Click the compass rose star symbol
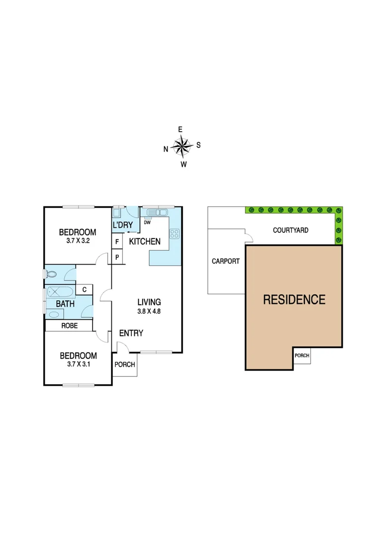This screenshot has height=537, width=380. tap(183, 146)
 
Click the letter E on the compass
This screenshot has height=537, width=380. tap(182, 129)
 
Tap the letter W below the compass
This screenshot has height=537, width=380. tap(184, 165)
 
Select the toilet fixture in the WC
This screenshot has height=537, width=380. tap(51, 273)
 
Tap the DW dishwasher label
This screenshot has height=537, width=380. tap(147, 222)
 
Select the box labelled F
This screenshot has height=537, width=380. tap(117, 242)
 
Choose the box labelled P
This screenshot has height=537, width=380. tap(117, 257)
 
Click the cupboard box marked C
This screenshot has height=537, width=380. tap(85, 289)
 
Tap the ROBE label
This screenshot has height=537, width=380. tap(69, 326)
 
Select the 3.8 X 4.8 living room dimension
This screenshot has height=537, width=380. tap(149, 311)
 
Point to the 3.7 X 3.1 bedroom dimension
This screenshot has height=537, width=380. tap(78, 364)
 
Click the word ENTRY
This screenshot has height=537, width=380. tap(132, 333)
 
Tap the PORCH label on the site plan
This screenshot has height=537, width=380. tap(302, 356)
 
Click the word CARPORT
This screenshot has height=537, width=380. tap(226, 261)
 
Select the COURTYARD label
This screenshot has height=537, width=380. tap(291, 230)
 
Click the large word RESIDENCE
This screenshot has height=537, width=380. tap(294, 300)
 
